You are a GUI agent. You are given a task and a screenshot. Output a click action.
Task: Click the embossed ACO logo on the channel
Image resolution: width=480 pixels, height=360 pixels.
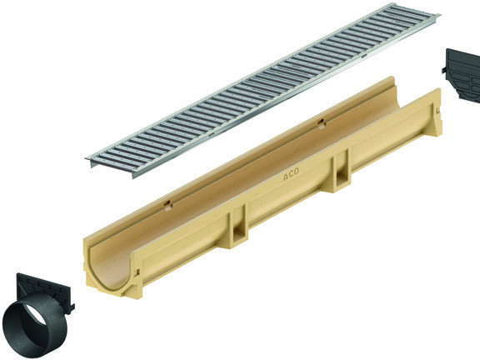click(291, 173)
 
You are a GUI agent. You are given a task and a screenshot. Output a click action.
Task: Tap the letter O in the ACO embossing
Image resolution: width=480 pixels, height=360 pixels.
click(296, 171)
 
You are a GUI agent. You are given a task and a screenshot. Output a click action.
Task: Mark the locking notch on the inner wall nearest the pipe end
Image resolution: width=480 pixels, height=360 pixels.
click(167, 206)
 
